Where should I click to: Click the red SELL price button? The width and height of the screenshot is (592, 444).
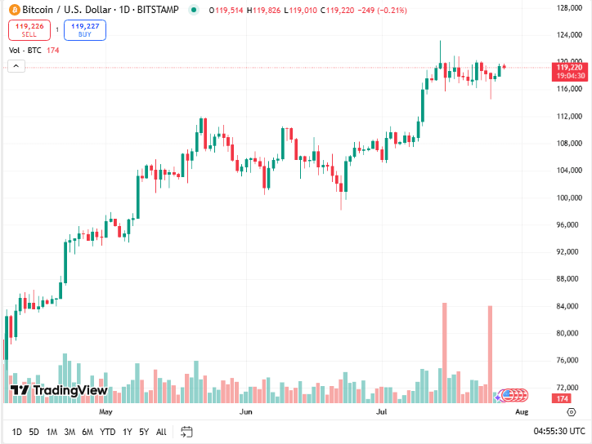pyautogui.click(x=29, y=30)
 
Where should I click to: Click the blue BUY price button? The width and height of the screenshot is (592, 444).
pyautogui.click(x=85, y=30)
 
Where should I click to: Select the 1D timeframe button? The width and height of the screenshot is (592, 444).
pyautogui.click(x=17, y=432)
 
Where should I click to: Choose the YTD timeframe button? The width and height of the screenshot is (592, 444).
pyautogui.click(x=107, y=432)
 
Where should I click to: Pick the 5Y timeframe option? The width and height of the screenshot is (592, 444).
pyautogui.click(x=144, y=432)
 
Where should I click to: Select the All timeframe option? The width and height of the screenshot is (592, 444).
pyautogui.click(x=161, y=432)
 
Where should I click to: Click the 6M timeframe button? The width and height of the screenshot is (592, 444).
pyautogui.click(x=87, y=432)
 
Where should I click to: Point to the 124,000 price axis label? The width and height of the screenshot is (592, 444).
pyautogui.click(x=567, y=35)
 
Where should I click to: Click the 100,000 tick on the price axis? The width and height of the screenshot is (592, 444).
pyautogui.click(x=567, y=198)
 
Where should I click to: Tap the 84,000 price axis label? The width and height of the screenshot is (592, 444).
pyautogui.click(x=567, y=306)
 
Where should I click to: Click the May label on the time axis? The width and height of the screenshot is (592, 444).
pyautogui.click(x=105, y=412)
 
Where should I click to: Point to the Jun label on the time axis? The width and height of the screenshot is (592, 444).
pyautogui.click(x=244, y=412)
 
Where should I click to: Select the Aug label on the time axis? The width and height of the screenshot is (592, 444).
pyautogui.click(x=521, y=412)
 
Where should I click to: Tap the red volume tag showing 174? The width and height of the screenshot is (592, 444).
pyautogui.click(x=562, y=398)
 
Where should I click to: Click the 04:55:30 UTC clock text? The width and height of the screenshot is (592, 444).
pyautogui.click(x=559, y=431)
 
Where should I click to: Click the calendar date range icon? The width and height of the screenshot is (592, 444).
pyautogui.click(x=186, y=432)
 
